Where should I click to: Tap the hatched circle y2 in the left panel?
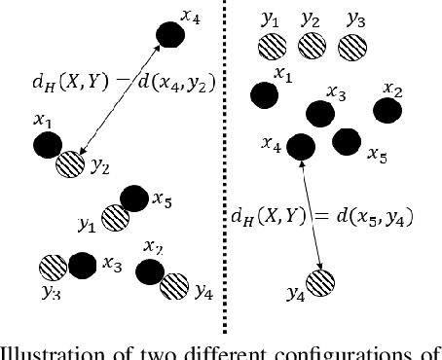tap(71, 164)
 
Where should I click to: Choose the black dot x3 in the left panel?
tap(83, 264)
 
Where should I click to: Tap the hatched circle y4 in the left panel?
tap(174, 285)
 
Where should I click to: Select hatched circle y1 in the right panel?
tap(271, 46)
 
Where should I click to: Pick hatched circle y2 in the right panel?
tap(312, 45)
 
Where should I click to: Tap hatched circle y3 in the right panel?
tap(354, 46)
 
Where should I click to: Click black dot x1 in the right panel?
tap(264, 94)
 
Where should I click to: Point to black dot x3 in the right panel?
tap(317, 114)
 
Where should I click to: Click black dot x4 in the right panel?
tap(302, 147)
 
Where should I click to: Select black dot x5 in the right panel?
tap(346, 142)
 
